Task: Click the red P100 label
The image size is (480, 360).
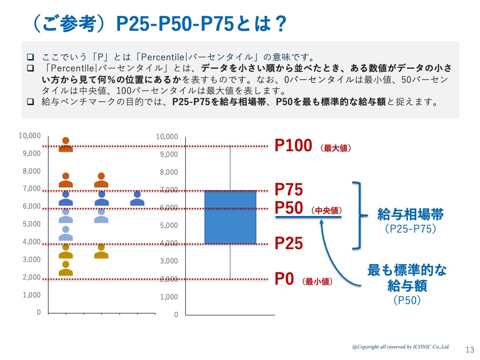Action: coord(293,145)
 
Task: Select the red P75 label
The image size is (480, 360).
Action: coord(288,190)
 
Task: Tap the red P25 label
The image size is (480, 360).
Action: coord(288,243)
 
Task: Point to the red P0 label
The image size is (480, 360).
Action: coord(284,279)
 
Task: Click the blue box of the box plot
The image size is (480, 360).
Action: coord(230,217)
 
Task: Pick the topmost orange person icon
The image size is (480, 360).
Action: coord(66,144)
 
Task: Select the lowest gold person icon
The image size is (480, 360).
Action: coord(66,269)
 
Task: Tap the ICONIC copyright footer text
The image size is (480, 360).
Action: coord(400,346)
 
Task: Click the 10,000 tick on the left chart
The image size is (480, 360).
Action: coord(30,136)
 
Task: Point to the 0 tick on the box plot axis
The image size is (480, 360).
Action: coord(176,315)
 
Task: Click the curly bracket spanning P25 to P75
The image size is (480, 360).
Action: coord(357,216)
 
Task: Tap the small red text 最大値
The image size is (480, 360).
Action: coord(335,148)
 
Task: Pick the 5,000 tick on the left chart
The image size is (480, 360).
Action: coord(30,224)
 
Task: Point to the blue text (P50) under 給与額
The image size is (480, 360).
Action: coord(407,300)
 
